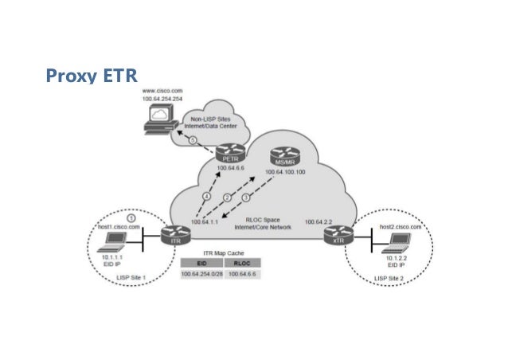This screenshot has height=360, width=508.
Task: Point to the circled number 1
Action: coord(131,217)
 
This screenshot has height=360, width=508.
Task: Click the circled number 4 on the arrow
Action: coord(205,196)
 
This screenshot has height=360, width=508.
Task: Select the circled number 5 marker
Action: coord(192,140)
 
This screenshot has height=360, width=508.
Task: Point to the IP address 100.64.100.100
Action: coord(291,171)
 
